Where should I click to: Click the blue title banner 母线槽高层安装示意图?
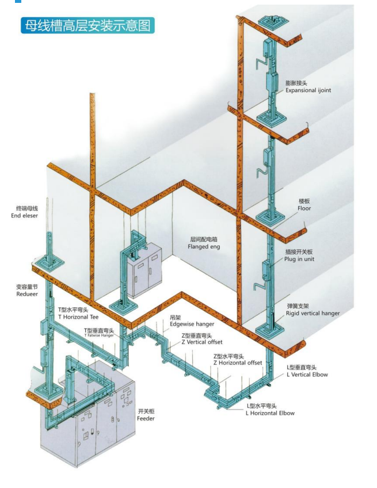(87, 25)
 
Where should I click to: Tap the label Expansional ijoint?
(308, 90)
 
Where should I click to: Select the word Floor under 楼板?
(304, 208)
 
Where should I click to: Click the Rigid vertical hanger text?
(313, 314)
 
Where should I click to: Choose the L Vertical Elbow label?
(307, 375)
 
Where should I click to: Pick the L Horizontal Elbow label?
(270, 413)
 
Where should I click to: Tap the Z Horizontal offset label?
(238, 363)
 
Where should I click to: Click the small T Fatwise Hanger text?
(100, 335)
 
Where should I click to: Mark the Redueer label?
(26, 294)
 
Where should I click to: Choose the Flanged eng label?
(204, 246)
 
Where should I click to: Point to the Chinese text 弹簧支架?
(298, 306)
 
